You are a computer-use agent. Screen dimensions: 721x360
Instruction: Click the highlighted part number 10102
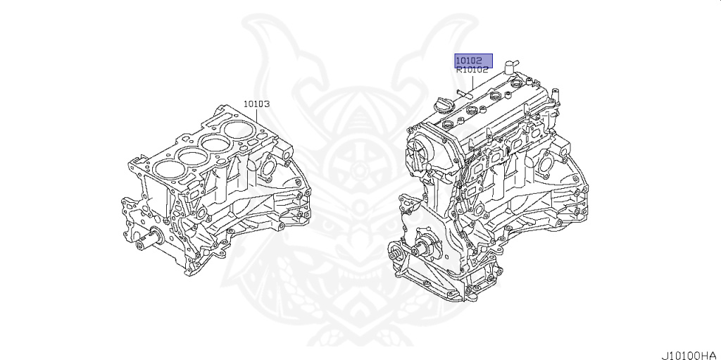(x=468, y=61)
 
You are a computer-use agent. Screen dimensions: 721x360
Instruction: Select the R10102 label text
(x=472, y=70)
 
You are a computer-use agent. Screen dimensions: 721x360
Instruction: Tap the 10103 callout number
(x=256, y=104)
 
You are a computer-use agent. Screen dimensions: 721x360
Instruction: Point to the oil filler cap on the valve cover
(x=444, y=108)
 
